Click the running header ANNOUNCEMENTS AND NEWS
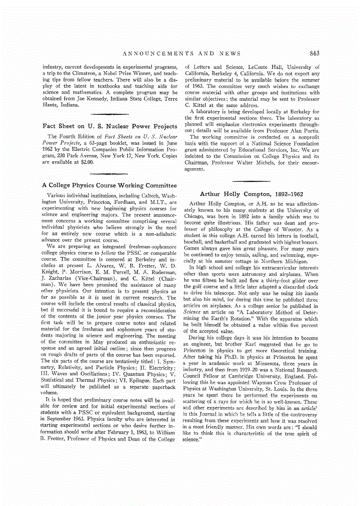(x=181, y=53)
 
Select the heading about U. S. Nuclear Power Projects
(x=110, y=126)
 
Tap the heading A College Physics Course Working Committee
(x=110, y=186)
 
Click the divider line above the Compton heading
(x=251, y=181)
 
